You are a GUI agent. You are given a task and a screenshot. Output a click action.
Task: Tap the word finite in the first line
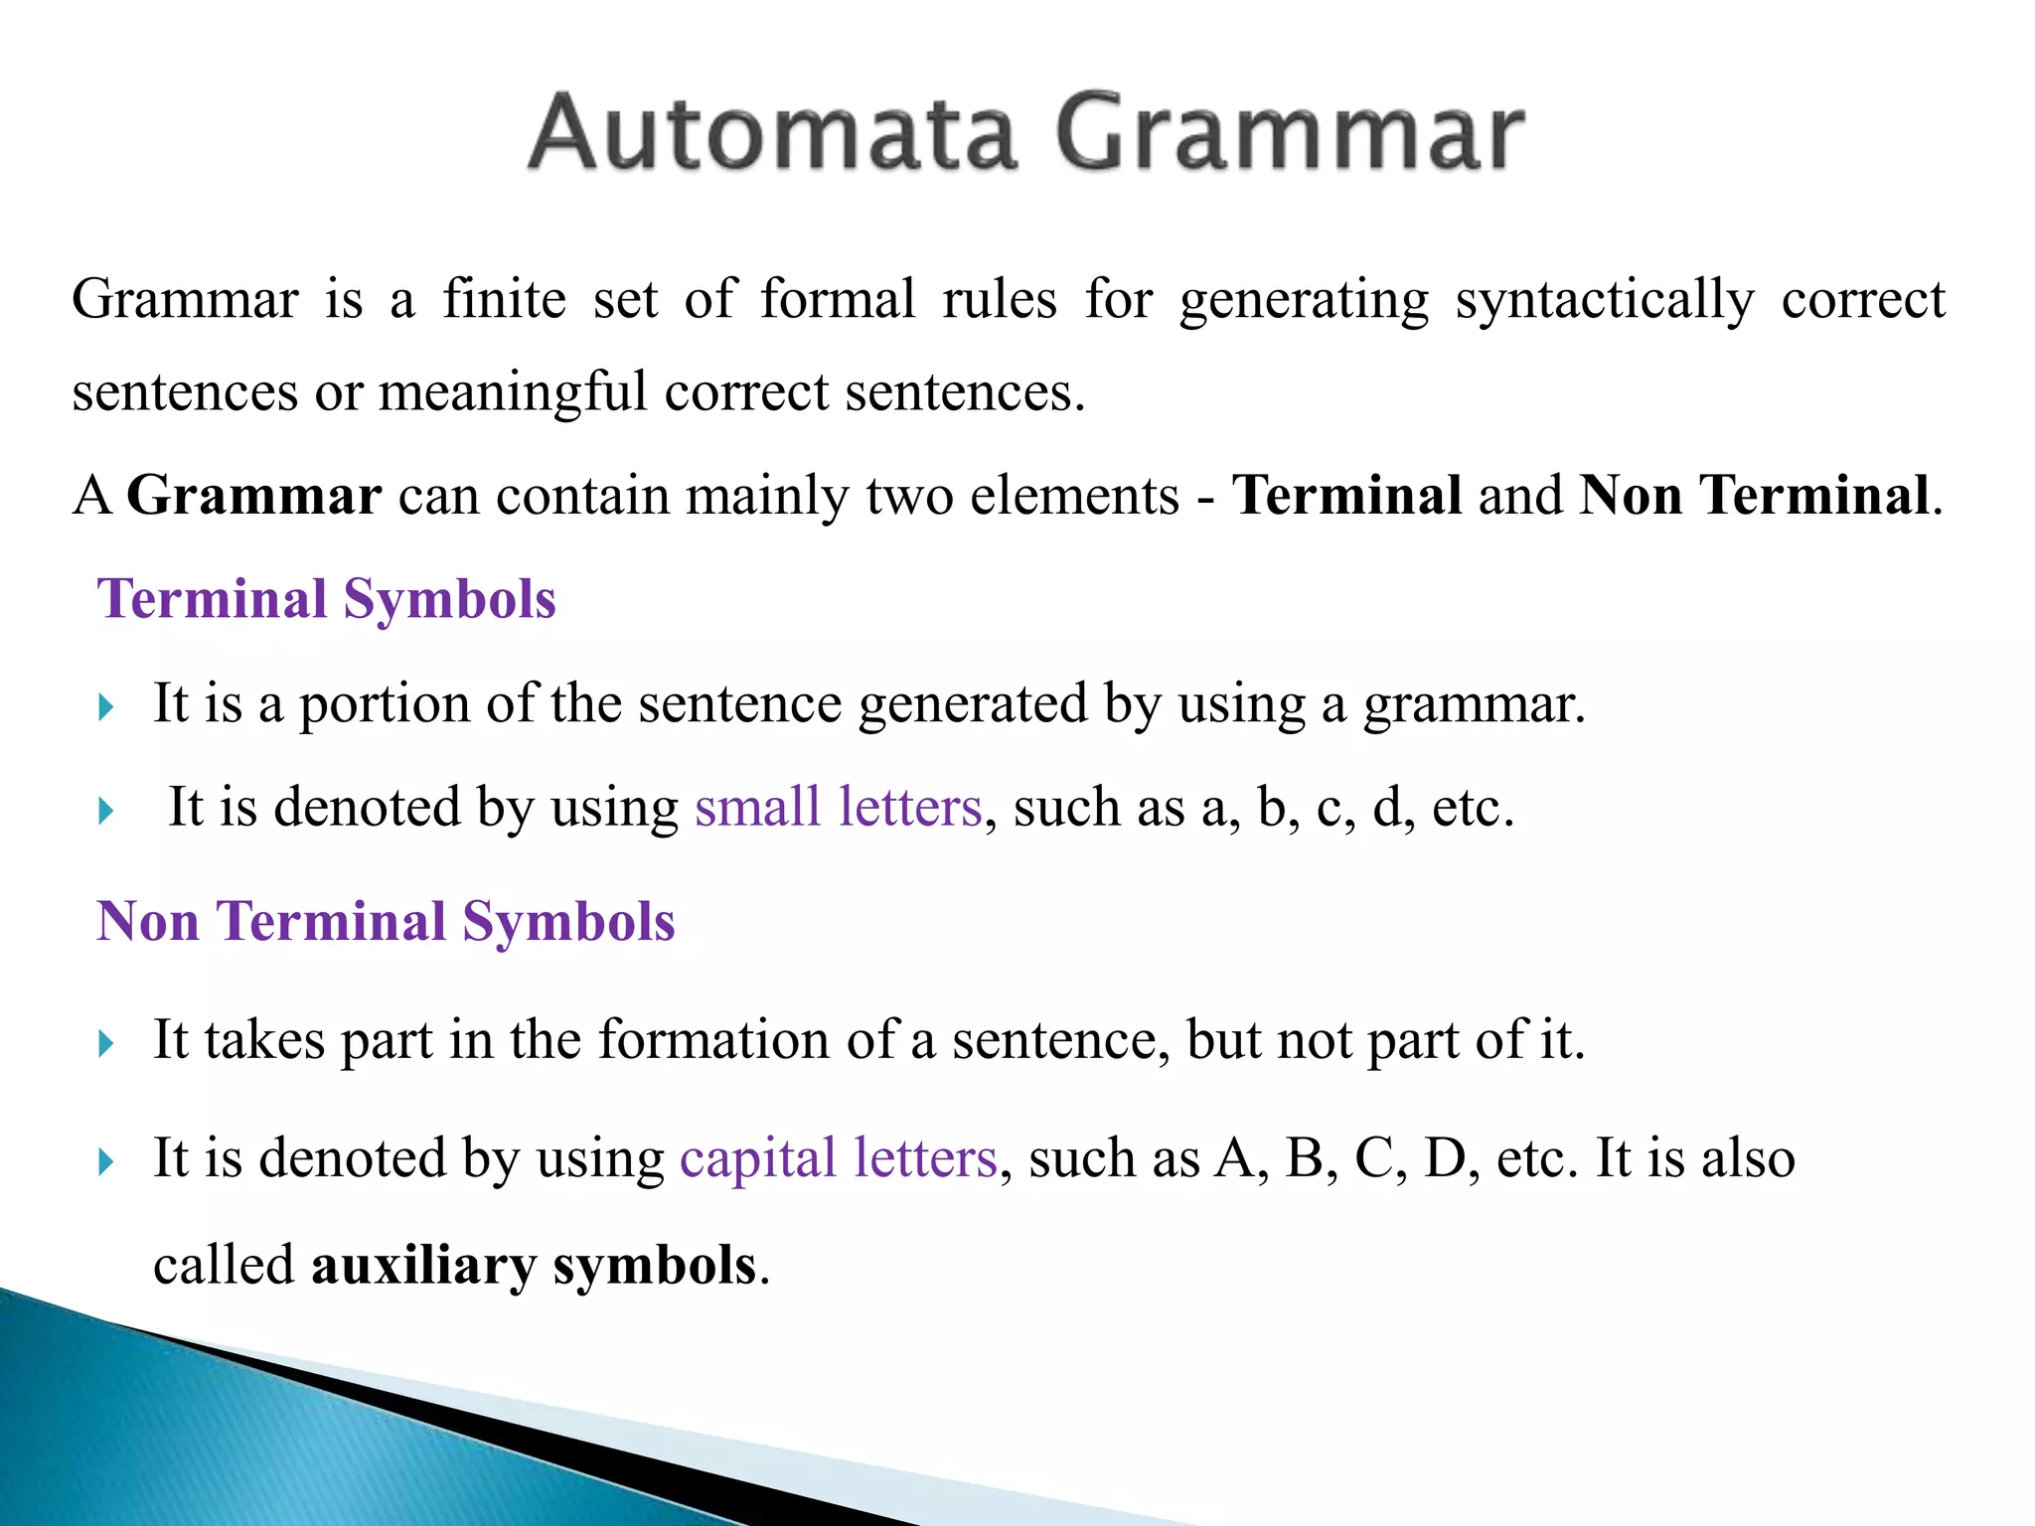click(504, 299)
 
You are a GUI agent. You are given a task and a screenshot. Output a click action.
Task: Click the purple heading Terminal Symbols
click(326, 600)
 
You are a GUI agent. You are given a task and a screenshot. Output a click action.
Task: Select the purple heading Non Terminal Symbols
click(386, 922)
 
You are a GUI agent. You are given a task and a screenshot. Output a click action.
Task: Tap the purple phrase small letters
click(838, 807)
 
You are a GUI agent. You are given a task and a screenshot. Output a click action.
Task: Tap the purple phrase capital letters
click(838, 1158)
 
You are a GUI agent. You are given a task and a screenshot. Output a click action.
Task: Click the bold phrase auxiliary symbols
click(534, 1267)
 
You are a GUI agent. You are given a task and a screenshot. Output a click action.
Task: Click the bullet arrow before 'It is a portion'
click(106, 708)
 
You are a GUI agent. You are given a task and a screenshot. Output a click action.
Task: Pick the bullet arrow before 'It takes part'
click(106, 1044)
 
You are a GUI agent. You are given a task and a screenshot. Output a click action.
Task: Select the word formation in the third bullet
click(713, 1041)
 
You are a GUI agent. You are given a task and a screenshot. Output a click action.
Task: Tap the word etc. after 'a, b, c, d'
click(1473, 807)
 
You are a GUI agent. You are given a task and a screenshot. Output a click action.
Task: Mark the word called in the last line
click(225, 1267)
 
